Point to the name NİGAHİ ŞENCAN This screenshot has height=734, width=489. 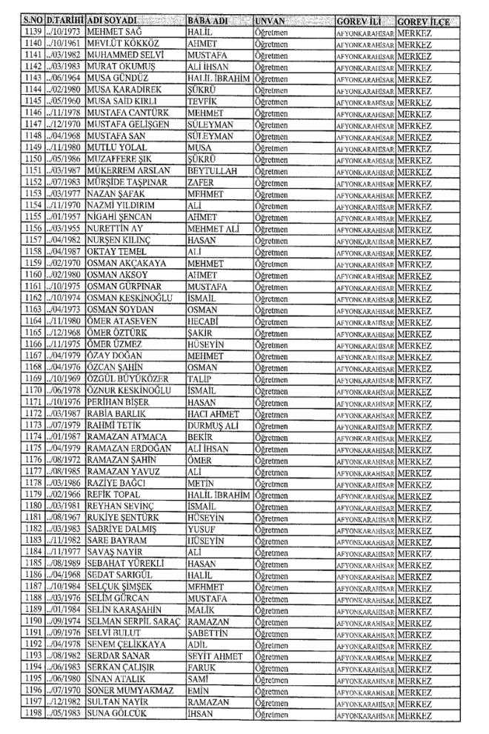pos(120,218)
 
